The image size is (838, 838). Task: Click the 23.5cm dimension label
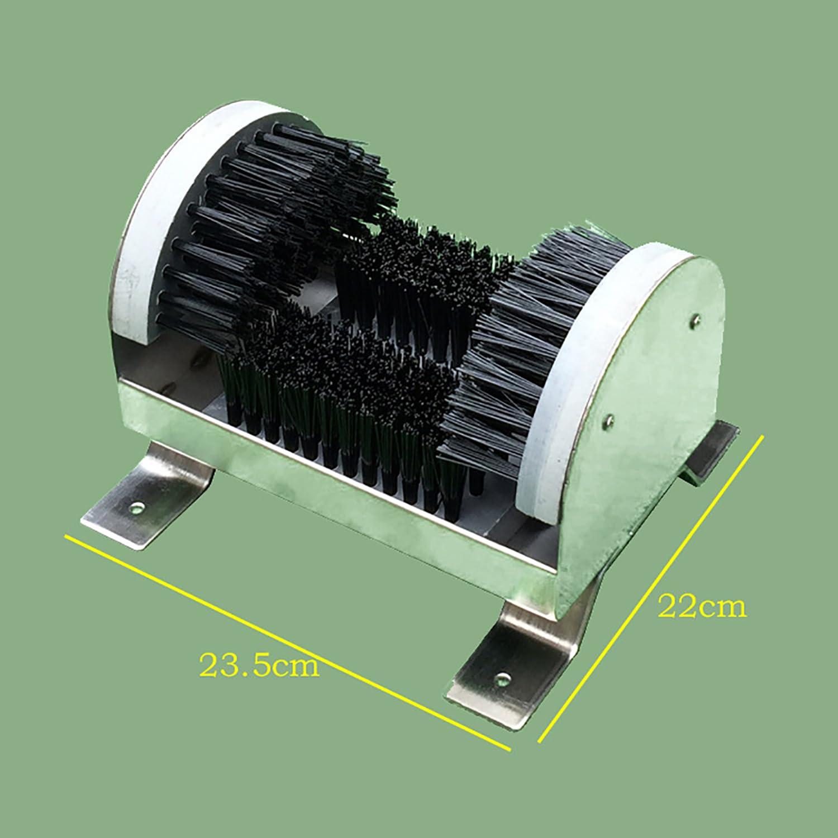coord(259,665)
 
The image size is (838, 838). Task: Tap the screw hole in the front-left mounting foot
coord(137,507)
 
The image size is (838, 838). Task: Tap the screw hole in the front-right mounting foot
coord(503,679)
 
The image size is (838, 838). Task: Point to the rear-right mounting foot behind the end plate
coord(710,453)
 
